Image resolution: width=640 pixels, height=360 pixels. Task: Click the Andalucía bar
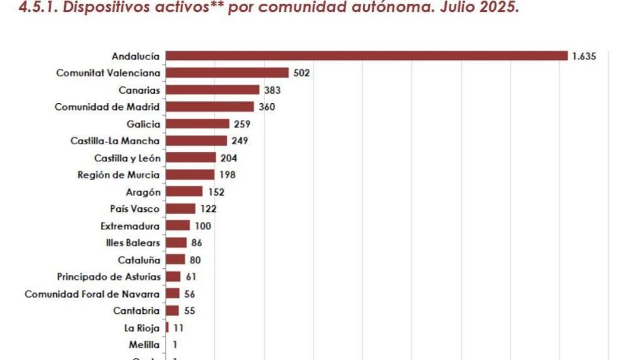coord(366,56)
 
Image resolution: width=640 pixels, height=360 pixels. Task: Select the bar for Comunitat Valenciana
coord(227,73)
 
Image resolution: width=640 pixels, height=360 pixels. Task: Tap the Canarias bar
coord(212,90)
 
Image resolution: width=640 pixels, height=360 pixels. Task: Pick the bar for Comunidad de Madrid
coord(210,107)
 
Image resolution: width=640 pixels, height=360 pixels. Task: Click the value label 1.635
coord(584,56)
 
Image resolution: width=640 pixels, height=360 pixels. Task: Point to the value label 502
coord(302,73)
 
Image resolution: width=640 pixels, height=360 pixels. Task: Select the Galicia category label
coord(143,124)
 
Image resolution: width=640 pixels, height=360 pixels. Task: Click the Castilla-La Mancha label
coord(115,141)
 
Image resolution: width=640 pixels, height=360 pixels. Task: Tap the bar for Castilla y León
coord(191,157)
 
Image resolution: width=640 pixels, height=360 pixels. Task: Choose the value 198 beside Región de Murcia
coord(227,174)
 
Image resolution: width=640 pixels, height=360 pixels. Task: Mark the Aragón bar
coord(184,192)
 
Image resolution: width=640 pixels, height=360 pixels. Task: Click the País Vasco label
coord(134,209)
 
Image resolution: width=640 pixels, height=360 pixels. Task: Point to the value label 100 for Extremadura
coord(203,226)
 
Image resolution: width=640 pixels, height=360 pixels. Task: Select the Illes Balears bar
coord(176,242)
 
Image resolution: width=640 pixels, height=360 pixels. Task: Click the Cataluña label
coord(139,259)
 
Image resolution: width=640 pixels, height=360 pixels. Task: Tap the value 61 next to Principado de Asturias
coord(191,276)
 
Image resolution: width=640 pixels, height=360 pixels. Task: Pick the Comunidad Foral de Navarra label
coord(92,294)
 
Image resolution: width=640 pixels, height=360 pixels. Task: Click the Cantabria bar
coord(172,311)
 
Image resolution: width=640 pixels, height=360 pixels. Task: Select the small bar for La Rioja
coord(167,327)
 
